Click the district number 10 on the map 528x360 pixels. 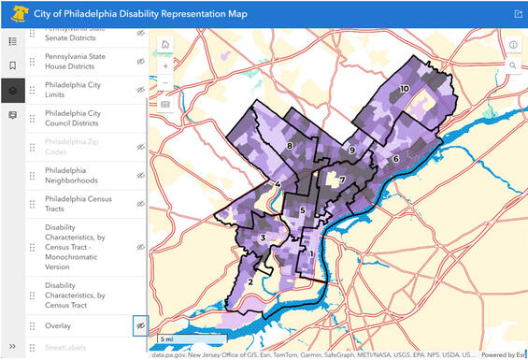[404, 89]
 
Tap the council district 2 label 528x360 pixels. [250, 281]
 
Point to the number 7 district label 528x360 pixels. [342, 180]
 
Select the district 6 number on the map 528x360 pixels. [395, 159]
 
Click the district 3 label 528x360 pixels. [264, 238]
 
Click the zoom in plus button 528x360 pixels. [165, 66]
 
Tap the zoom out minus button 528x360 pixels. [165, 84]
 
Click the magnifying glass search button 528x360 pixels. [513, 65]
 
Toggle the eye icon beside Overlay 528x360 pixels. [140, 324]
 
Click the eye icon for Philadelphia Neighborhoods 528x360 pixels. [140, 175]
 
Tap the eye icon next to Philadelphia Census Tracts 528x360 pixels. [140, 203]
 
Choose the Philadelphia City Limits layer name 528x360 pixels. [73, 90]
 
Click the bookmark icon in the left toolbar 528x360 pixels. [12, 65]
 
